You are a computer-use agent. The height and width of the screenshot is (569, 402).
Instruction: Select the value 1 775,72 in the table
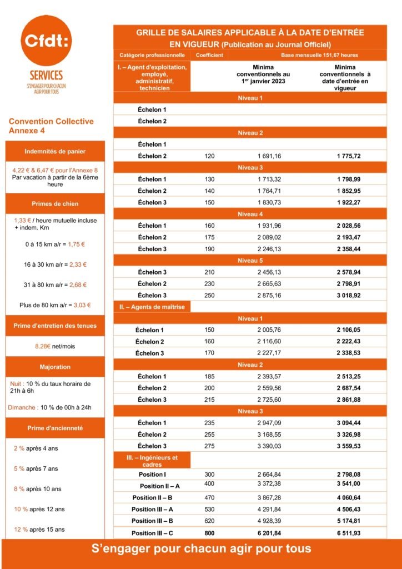coord(348,156)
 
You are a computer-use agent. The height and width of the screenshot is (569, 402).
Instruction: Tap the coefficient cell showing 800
coord(209,533)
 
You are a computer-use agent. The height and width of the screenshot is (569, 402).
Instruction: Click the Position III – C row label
coord(152,533)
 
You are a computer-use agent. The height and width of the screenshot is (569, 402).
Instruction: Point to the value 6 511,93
coord(348,533)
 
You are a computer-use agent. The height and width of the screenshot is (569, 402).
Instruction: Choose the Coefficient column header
coord(209,55)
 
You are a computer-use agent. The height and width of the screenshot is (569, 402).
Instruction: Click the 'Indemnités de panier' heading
coord(54,152)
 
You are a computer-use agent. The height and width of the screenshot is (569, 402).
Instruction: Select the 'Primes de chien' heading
coord(54,203)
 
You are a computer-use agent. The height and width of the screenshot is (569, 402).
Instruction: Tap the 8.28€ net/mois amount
coord(54,346)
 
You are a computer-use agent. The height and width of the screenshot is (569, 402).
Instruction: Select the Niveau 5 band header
coord(250,260)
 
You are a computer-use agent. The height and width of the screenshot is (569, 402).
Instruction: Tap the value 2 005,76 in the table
coord(269,330)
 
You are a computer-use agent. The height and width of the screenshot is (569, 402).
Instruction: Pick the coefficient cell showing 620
coord(209,521)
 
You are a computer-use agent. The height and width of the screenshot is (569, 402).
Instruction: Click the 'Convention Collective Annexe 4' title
coord(51,126)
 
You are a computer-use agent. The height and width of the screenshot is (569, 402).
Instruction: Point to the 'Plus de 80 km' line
coord(54,305)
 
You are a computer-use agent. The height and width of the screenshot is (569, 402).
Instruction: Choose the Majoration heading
coord(54,367)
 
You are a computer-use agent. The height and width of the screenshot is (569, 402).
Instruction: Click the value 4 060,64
coord(348,497)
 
